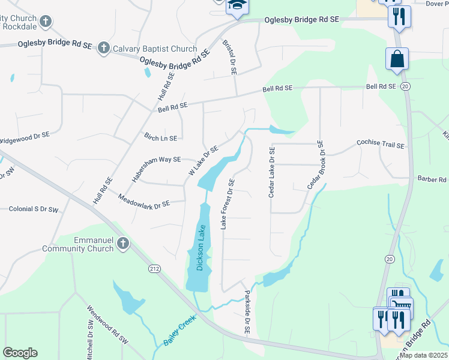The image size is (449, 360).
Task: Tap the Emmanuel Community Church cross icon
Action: (x=123, y=244)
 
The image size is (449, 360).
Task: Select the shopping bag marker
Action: (x=397, y=59)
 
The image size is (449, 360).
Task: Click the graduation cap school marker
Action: (x=237, y=6)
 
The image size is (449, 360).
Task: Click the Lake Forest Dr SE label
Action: (x=228, y=204)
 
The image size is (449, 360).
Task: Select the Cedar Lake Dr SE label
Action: (x=272, y=172)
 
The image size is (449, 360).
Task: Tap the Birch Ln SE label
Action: (x=160, y=137)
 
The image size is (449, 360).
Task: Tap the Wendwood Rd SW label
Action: (x=107, y=324)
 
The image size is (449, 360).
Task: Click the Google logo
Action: (x=20, y=353)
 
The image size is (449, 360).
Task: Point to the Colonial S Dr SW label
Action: (x=34, y=210)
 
